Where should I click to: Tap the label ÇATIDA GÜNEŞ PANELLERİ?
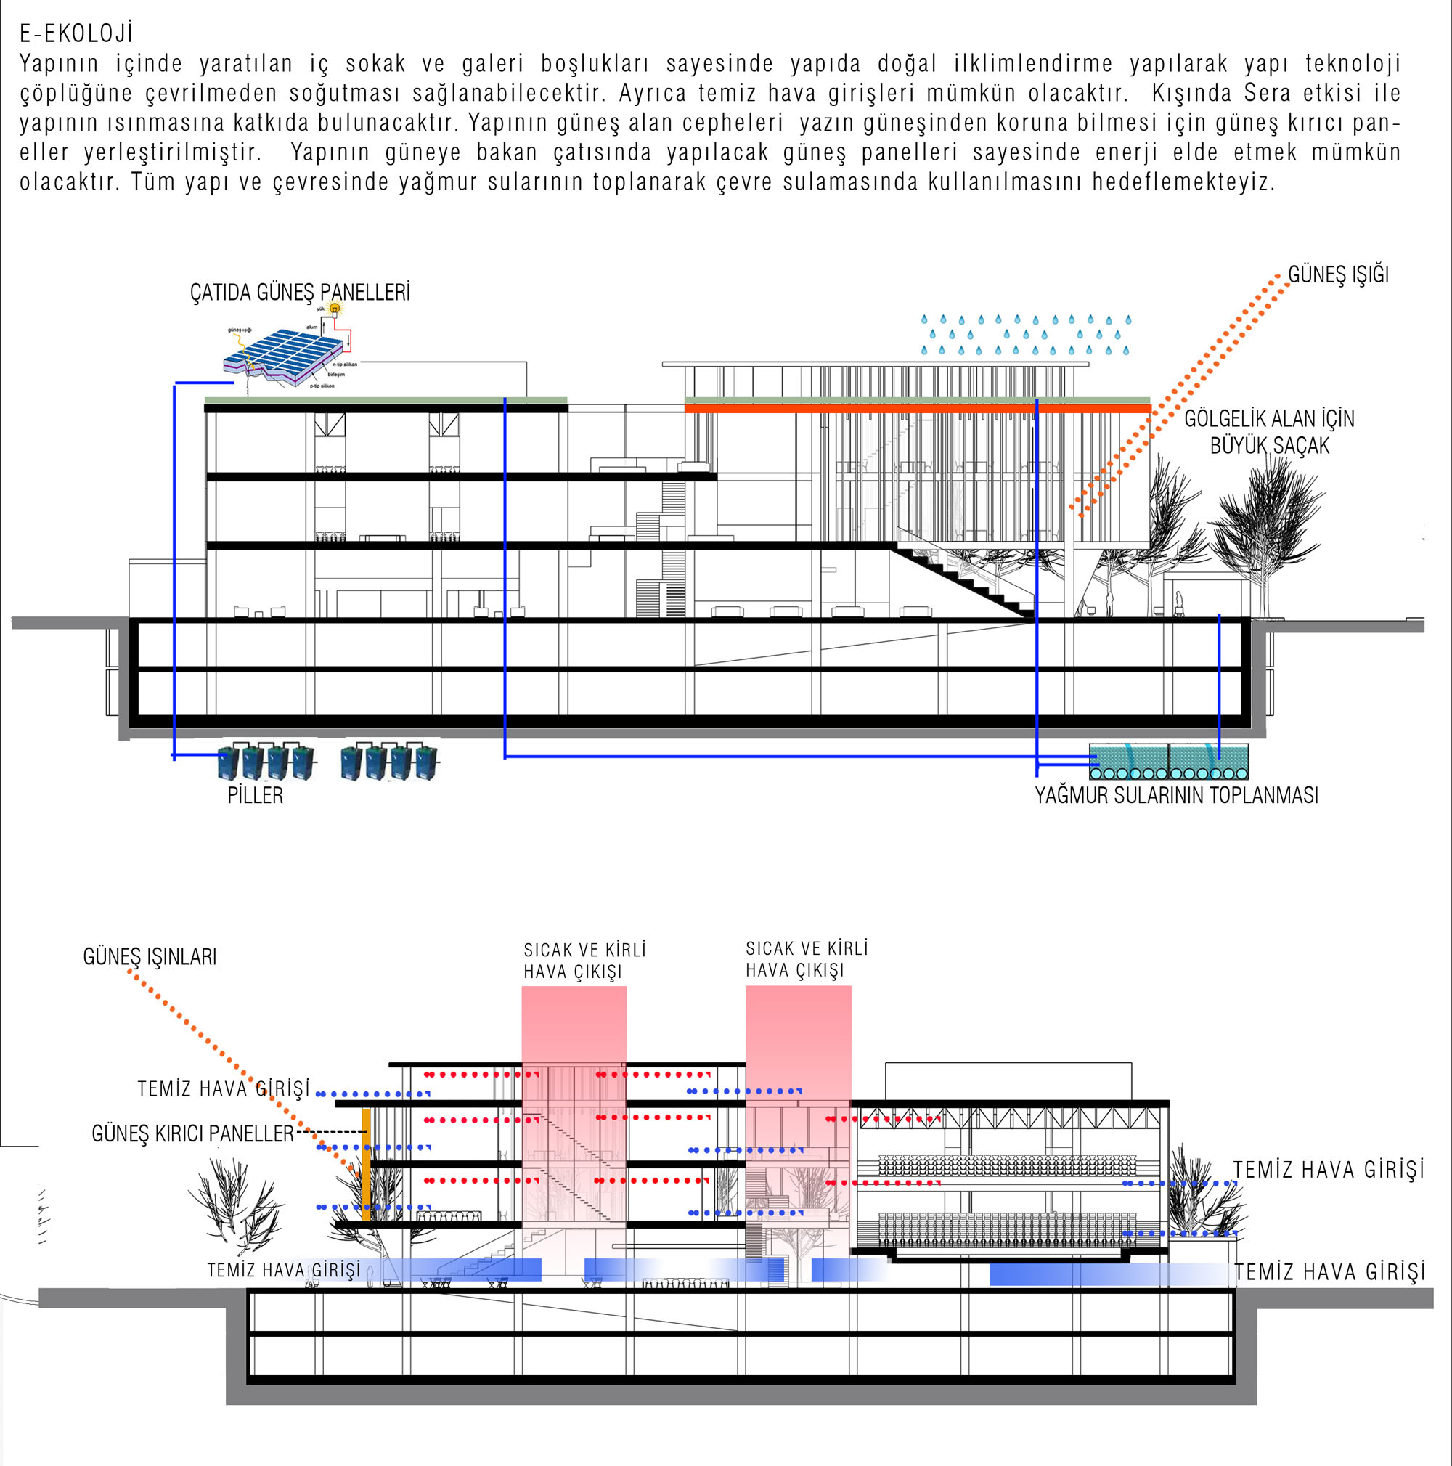[x=300, y=292]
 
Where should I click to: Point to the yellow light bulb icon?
[x=335, y=308]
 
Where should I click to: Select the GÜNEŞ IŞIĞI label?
[x=1338, y=274]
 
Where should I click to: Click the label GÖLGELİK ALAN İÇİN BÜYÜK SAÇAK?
[x=1269, y=432]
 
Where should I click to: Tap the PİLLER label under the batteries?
[x=255, y=795]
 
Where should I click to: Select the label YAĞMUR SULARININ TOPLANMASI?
[x=1177, y=795]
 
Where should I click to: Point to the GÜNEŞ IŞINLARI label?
[x=150, y=957]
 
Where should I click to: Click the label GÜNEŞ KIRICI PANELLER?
[x=192, y=1133]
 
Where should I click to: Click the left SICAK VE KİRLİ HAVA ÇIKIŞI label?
[x=584, y=961]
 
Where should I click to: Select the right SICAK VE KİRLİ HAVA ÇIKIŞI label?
[x=807, y=959]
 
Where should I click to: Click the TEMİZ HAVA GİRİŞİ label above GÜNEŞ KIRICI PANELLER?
[x=224, y=1089]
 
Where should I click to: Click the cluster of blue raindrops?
[x=1026, y=335]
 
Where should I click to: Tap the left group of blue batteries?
[x=266, y=762]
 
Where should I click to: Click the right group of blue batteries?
[x=389, y=762]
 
